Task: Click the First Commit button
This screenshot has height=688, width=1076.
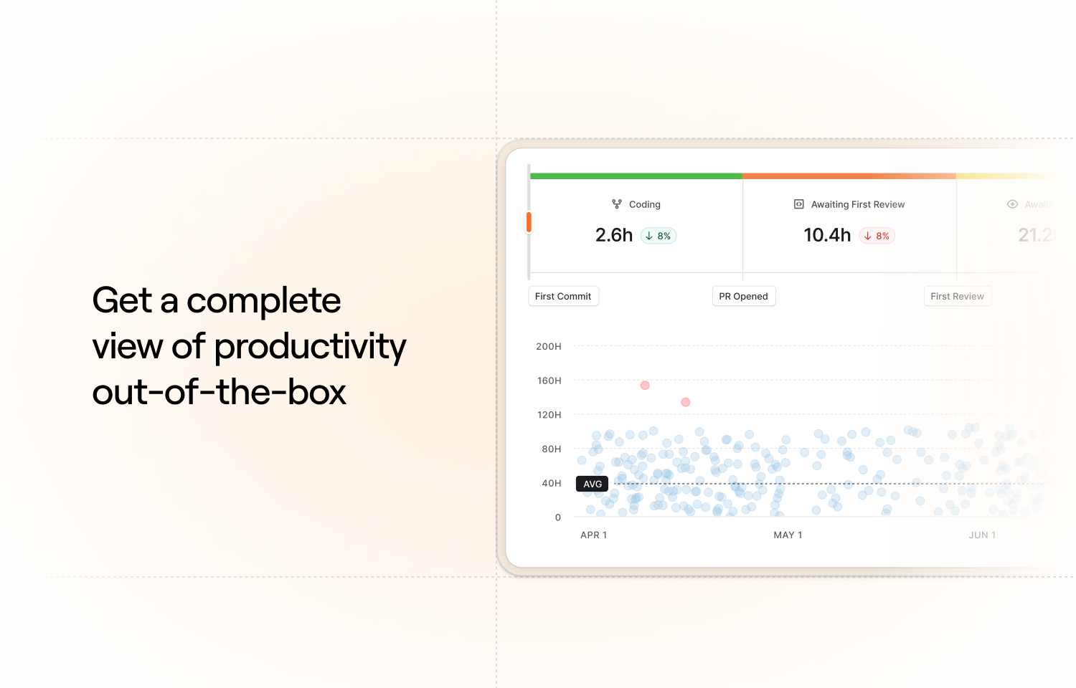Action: click(563, 296)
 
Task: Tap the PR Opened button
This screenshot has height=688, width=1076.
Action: click(743, 296)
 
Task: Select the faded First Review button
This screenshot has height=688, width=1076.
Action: click(957, 296)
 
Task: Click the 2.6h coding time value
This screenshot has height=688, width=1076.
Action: click(614, 235)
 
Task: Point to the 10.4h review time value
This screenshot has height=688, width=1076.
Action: click(827, 235)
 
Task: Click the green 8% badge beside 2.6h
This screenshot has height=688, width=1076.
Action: click(659, 236)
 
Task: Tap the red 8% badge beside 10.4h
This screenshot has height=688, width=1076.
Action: click(877, 236)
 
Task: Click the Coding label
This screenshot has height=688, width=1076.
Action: click(644, 204)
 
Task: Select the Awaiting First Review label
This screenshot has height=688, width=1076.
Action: click(857, 204)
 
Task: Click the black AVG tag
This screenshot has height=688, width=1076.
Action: click(592, 484)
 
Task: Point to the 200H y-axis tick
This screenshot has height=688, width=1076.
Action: click(549, 346)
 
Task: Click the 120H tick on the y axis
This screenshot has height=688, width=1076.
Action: click(549, 415)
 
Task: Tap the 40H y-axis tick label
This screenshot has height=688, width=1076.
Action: click(551, 483)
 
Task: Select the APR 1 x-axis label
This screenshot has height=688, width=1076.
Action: click(593, 535)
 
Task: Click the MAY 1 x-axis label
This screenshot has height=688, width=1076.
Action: click(788, 535)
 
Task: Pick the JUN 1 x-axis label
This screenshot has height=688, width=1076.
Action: click(982, 535)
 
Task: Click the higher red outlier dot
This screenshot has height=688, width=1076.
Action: click(645, 386)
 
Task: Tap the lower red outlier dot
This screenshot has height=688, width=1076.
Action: click(685, 402)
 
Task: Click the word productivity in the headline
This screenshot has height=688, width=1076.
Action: click(310, 347)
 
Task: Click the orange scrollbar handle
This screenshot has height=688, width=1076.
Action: click(529, 222)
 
